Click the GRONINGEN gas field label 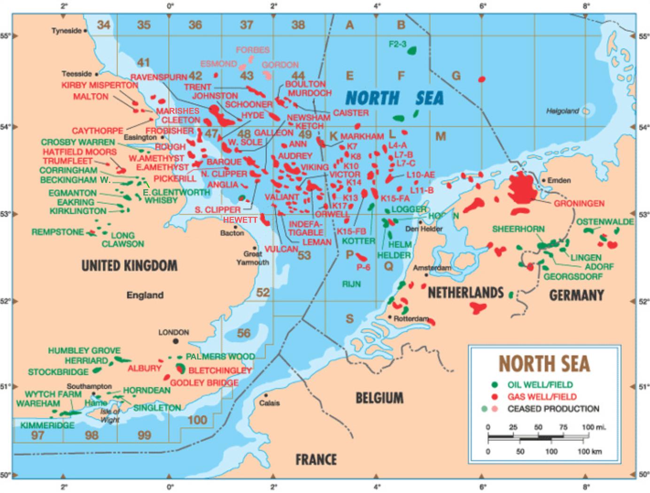pyautogui.click(x=579, y=204)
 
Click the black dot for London pyautogui.click(x=175, y=341)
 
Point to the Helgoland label pyautogui.click(x=562, y=111)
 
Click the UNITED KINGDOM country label pyautogui.click(x=130, y=266)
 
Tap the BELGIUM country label pyautogui.click(x=379, y=398)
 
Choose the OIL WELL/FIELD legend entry pyautogui.click(x=540, y=385)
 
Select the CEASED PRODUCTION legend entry pyautogui.click(x=553, y=409)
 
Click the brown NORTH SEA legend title pyautogui.click(x=544, y=363)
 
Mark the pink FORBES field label pyautogui.click(x=253, y=50)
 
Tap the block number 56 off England pyautogui.click(x=244, y=333)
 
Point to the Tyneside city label pyautogui.click(x=66, y=31)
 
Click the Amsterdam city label pyautogui.click(x=432, y=268)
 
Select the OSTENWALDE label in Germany pyautogui.click(x=605, y=222)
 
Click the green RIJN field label pyautogui.click(x=351, y=284)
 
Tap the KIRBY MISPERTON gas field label pyautogui.click(x=100, y=85)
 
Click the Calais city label pyautogui.click(x=269, y=403)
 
